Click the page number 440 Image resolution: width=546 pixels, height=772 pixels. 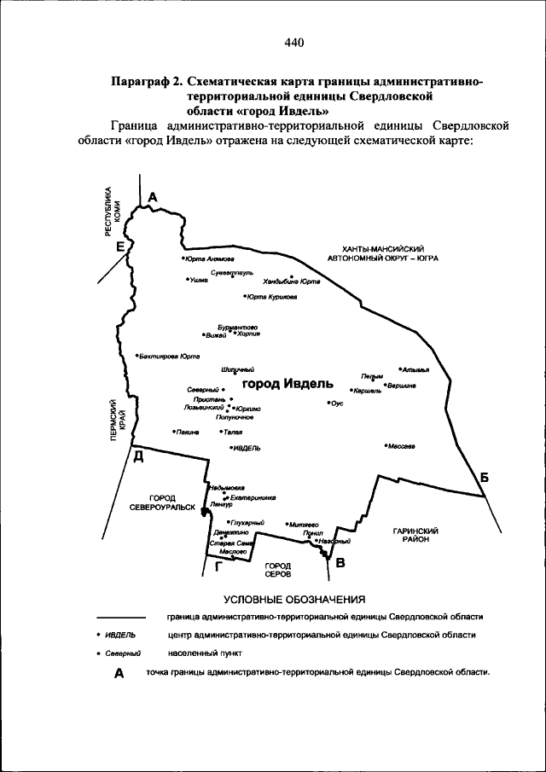[294, 43]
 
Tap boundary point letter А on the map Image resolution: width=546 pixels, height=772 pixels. [154, 198]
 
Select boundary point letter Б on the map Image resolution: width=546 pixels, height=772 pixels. [484, 478]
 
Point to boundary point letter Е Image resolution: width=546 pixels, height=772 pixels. [121, 247]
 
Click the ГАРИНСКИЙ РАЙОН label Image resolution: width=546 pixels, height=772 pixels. [415, 535]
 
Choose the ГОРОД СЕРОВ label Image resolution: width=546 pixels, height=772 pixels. [277, 570]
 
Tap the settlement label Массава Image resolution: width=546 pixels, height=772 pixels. [402, 445]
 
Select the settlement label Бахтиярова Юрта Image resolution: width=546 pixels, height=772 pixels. [170, 356]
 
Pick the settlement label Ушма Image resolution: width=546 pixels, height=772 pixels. [199, 279]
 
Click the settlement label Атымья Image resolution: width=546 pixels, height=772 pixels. [415, 369]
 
